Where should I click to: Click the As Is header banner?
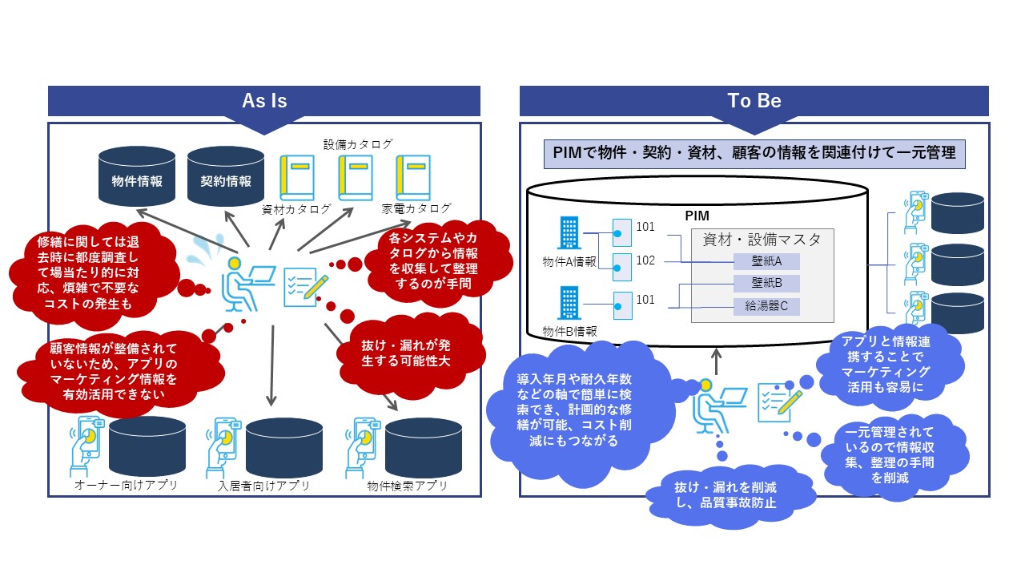pos(264,102)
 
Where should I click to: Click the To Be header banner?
pos(754,102)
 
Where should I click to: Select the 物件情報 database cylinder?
pos(138,180)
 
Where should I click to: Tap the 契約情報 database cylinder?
pos(226,180)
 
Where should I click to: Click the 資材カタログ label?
pos(296,210)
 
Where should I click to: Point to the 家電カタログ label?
pos(416,209)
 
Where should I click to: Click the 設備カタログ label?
pos(358,144)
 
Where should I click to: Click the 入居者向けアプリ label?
pos(264,486)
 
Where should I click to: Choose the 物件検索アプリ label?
pos(407,486)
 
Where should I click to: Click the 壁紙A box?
pos(766,261)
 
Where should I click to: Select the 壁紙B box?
pos(766,283)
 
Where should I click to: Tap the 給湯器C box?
pos(766,305)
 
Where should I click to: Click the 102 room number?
pos(645,260)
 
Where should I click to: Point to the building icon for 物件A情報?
pos(569,233)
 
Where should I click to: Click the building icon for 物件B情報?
pos(569,305)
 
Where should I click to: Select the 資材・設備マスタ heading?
pos(762,239)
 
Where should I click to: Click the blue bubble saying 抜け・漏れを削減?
pos(726,494)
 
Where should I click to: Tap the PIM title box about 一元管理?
pos(754,153)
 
